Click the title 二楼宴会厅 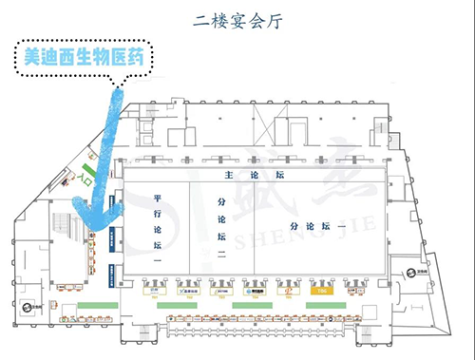coord(237,18)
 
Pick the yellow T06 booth coord(321,290)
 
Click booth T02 coord(187,290)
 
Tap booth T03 coord(219,290)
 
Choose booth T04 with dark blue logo coord(253,290)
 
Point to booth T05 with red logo coord(286,290)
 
